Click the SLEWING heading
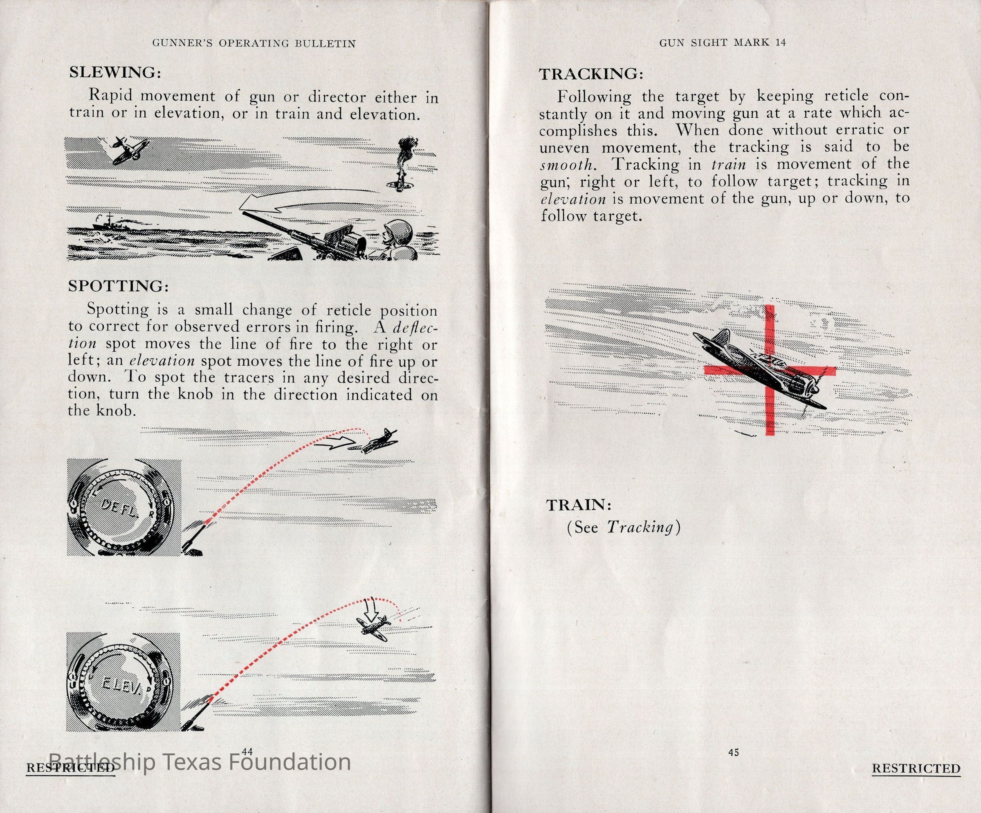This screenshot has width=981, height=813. click(x=115, y=72)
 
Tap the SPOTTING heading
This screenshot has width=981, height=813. click(x=118, y=286)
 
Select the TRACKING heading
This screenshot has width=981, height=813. click(x=591, y=74)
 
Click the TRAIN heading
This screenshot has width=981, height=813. click(x=579, y=505)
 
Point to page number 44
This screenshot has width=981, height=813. click(x=247, y=751)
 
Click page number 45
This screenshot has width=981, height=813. click(x=734, y=752)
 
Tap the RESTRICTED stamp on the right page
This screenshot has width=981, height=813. click(x=916, y=768)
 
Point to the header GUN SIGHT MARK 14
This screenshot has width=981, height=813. click(x=723, y=43)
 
